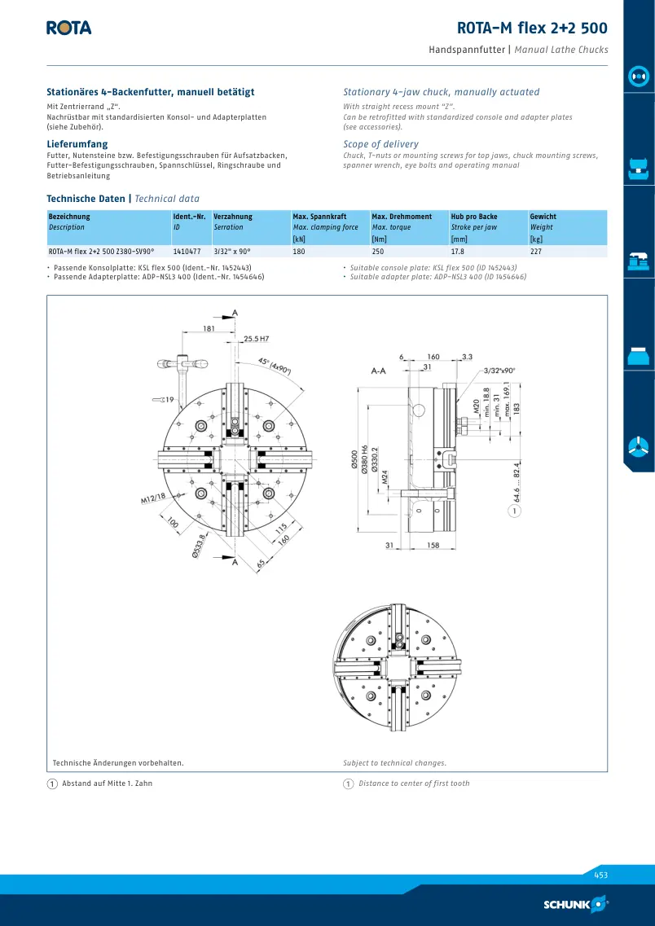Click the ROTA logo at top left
click(69, 28)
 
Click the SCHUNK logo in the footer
click(576, 904)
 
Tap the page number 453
click(600, 876)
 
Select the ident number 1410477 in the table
click(187, 252)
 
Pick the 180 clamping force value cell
click(299, 252)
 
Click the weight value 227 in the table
click(536, 252)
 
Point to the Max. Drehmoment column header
click(402, 217)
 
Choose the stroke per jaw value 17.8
click(458, 252)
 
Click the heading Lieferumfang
click(77, 144)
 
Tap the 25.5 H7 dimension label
click(257, 339)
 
